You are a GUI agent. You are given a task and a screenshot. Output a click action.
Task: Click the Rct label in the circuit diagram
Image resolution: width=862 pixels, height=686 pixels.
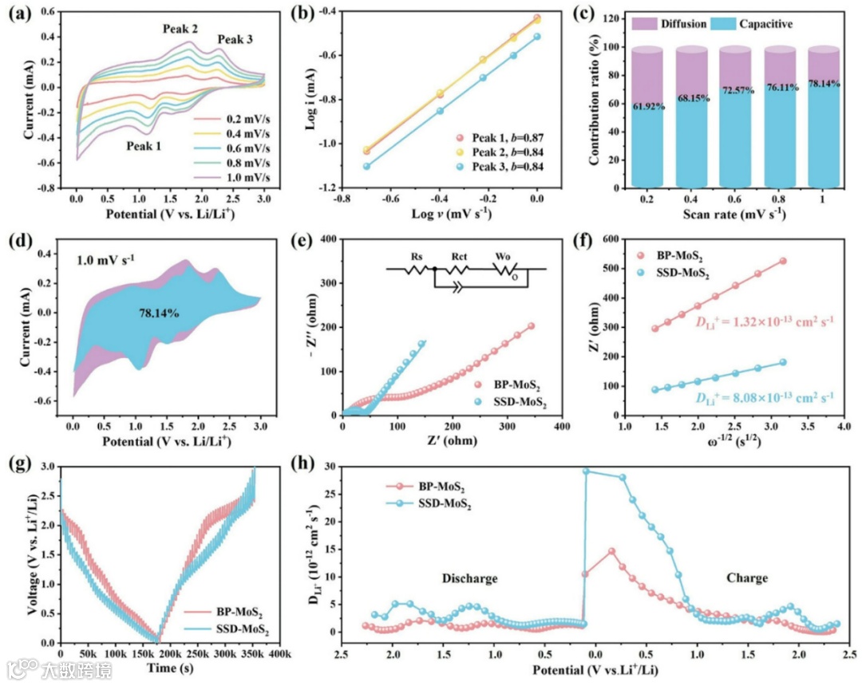click(x=458, y=258)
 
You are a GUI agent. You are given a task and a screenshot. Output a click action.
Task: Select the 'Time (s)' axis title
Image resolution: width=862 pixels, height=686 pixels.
click(x=169, y=668)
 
